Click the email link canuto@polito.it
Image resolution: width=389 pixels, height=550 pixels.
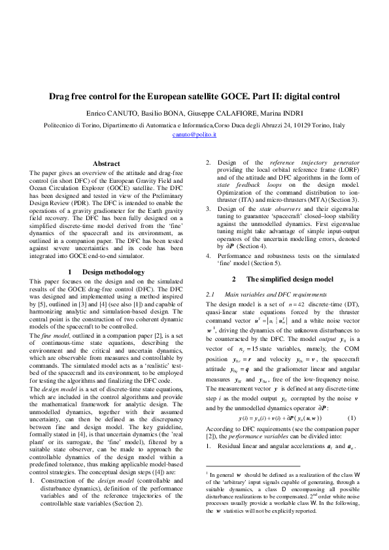194,134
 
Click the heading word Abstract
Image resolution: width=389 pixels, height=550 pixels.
107,163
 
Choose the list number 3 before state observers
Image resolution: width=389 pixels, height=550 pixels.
208,208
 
